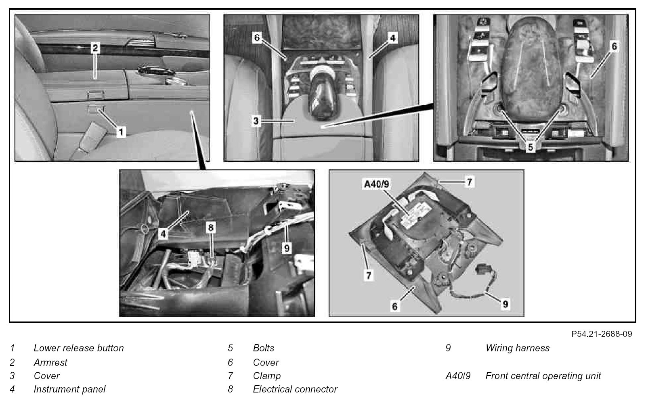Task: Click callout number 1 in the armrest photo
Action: [x=120, y=132]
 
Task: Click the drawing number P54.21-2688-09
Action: [x=602, y=334]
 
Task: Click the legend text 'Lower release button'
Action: [x=79, y=348]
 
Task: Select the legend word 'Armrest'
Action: [x=50, y=362]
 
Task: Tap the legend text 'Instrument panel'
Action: [x=69, y=389]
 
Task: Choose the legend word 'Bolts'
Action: [x=264, y=348]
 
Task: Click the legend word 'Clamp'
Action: [x=267, y=376]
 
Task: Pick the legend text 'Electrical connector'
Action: [x=295, y=389]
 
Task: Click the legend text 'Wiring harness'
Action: [x=517, y=348]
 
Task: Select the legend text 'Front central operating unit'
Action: [x=543, y=376]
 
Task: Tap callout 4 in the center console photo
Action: [x=393, y=38]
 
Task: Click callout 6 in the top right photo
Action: [x=614, y=47]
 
